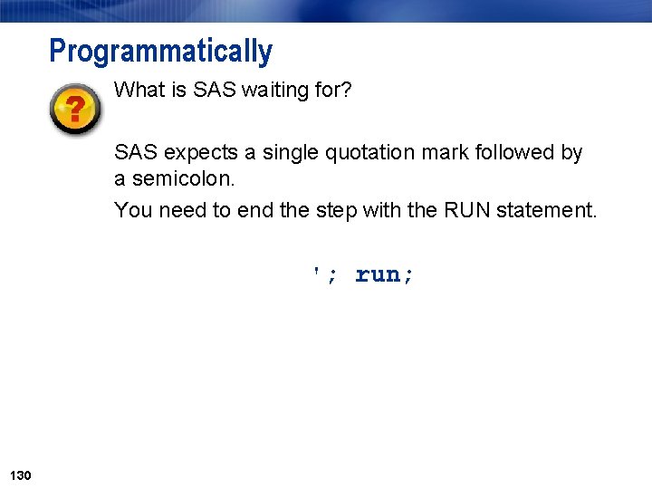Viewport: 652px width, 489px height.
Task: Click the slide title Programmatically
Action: pyautogui.click(x=160, y=52)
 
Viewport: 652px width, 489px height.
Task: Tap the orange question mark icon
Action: pyautogui.click(x=76, y=110)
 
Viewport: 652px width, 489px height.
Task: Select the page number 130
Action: pyautogui.click(x=20, y=475)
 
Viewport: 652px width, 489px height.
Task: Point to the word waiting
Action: pyautogui.click(x=274, y=90)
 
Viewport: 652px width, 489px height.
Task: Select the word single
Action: pyautogui.click(x=277, y=152)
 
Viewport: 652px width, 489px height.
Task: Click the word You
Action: pyautogui.click(x=133, y=210)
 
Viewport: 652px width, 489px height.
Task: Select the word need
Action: pyautogui.click(x=183, y=210)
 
